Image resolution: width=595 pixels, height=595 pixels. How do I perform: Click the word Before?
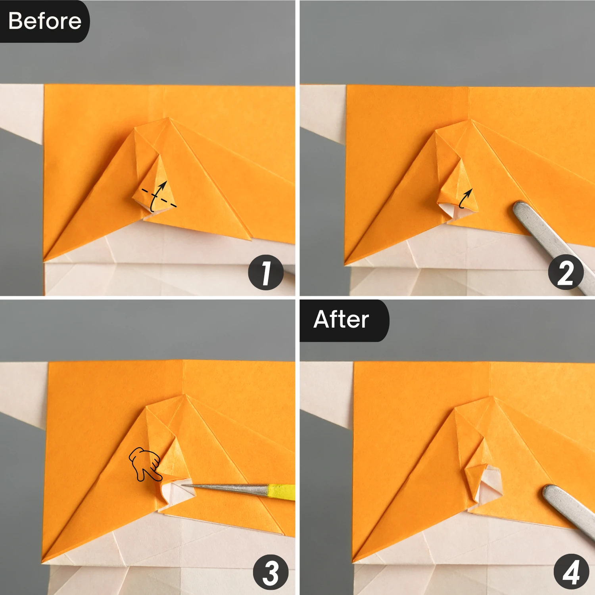click(x=45, y=21)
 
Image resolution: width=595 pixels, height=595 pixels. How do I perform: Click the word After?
click(x=341, y=319)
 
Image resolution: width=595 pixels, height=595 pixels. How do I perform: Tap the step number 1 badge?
click(x=266, y=273)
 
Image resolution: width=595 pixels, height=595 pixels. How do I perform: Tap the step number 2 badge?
click(x=566, y=273)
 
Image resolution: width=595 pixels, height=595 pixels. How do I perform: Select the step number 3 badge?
click(x=271, y=572)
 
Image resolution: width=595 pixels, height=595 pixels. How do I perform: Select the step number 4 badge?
click(x=571, y=572)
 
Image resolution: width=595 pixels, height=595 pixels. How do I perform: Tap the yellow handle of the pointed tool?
click(x=281, y=492)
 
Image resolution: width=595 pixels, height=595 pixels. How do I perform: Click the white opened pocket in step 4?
click(x=489, y=485)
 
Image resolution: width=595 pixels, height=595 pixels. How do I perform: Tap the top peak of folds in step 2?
click(x=471, y=119)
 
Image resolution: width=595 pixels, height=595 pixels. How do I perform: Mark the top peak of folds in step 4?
click(x=493, y=397)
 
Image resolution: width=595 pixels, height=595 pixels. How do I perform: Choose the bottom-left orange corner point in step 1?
click(x=44, y=261)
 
